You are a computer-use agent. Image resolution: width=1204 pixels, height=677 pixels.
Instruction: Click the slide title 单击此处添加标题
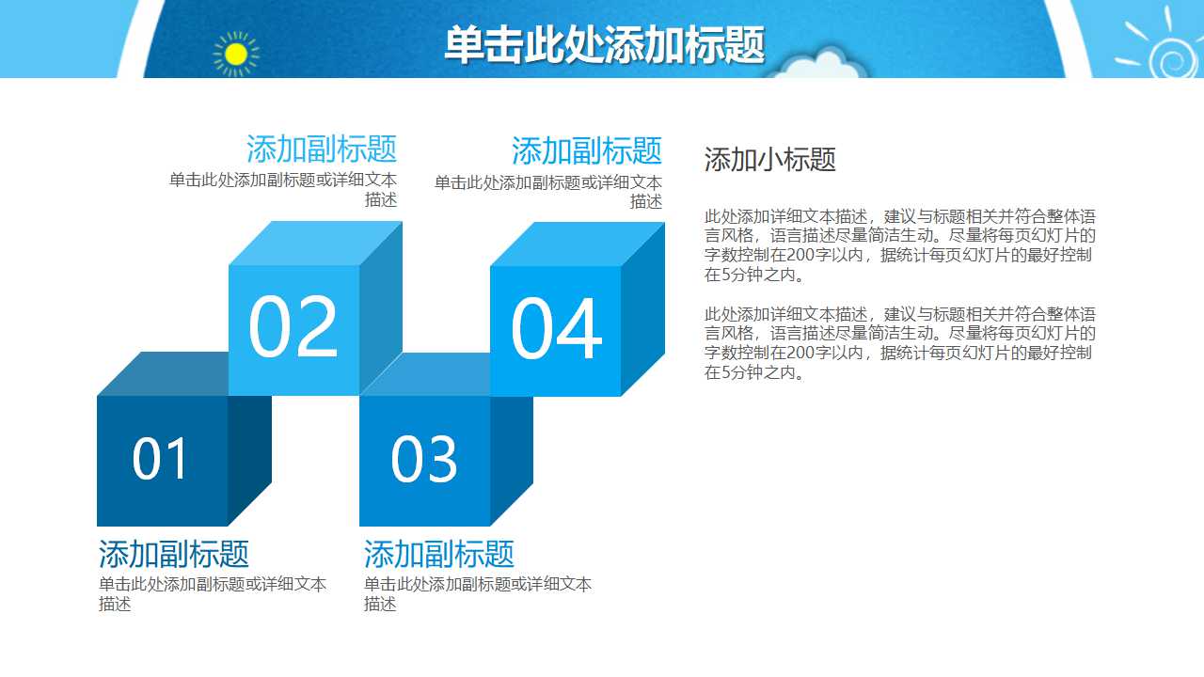pyautogui.click(x=604, y=45)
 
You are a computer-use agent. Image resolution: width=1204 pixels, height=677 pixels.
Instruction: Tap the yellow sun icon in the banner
pyautogui.click(x=235, y=55)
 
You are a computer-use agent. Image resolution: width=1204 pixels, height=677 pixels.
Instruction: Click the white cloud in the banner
pyautogui.click(x=823, y=66)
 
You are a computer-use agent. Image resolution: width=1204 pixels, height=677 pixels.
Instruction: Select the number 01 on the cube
pyautogui.click(x=161, y=460)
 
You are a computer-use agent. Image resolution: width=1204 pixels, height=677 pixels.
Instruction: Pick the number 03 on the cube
pyautogui.click(x=423, y=460)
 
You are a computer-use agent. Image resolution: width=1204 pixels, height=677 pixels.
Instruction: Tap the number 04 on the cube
pyautogui.click(x=555, y=330)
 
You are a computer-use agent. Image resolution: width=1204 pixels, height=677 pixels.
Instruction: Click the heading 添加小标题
pyautogui.click(x=769, y=160)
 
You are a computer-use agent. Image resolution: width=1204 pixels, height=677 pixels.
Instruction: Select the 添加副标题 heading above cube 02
pyautogui.click(x=321, y=150)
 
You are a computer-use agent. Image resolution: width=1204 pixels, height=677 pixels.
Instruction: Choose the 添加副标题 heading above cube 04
pyautogui.click(x=586, y=150)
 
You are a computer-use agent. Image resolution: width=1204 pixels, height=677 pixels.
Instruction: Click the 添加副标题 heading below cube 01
pyautogui.click(x=174, y=554)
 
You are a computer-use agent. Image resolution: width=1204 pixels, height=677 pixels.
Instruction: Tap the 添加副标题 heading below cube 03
pyautogui.click(x=439, y=554)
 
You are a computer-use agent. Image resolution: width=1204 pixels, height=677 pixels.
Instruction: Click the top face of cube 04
pyautogui.click(x=577, y=244)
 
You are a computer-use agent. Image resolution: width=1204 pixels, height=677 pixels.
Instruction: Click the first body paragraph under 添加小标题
pyautogui.click(x=899, y=245)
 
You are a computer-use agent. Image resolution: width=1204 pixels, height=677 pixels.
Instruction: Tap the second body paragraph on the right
pyautogui.click(x=899, y=343)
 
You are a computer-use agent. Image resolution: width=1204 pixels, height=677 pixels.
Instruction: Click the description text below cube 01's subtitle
pyautogui.click(x=213, y=593)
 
